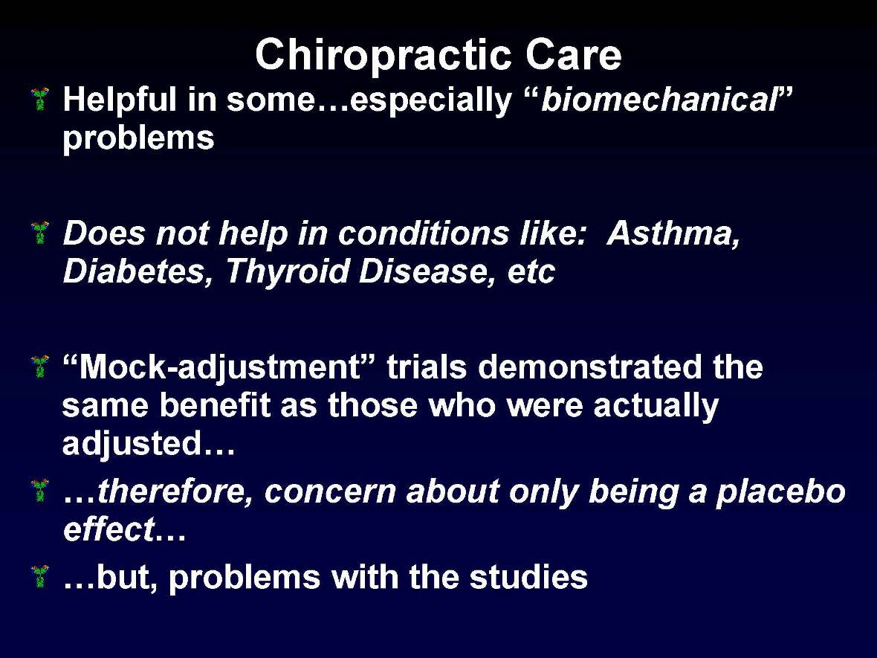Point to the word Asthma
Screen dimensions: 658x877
[673, 234]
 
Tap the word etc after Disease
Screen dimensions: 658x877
[531, 273]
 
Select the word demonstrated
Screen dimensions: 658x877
[590, 367]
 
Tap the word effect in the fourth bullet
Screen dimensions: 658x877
[108, 531]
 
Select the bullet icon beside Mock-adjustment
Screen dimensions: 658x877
[41, 366]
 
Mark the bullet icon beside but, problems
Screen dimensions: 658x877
[41, 575]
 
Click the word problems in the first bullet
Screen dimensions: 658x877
[138, 139]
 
